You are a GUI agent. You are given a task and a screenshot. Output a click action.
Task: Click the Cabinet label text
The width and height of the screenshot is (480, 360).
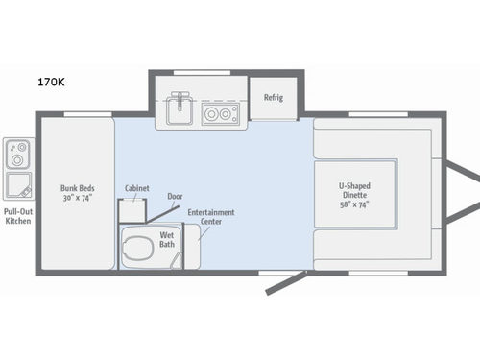tap(136, 188)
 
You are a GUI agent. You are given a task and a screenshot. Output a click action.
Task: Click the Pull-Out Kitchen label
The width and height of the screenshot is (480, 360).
tap(16, 216)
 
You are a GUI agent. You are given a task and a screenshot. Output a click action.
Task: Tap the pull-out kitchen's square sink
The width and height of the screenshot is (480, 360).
tap(17, 182)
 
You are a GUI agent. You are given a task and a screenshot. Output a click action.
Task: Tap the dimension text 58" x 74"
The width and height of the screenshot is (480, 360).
tap(355, 204)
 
